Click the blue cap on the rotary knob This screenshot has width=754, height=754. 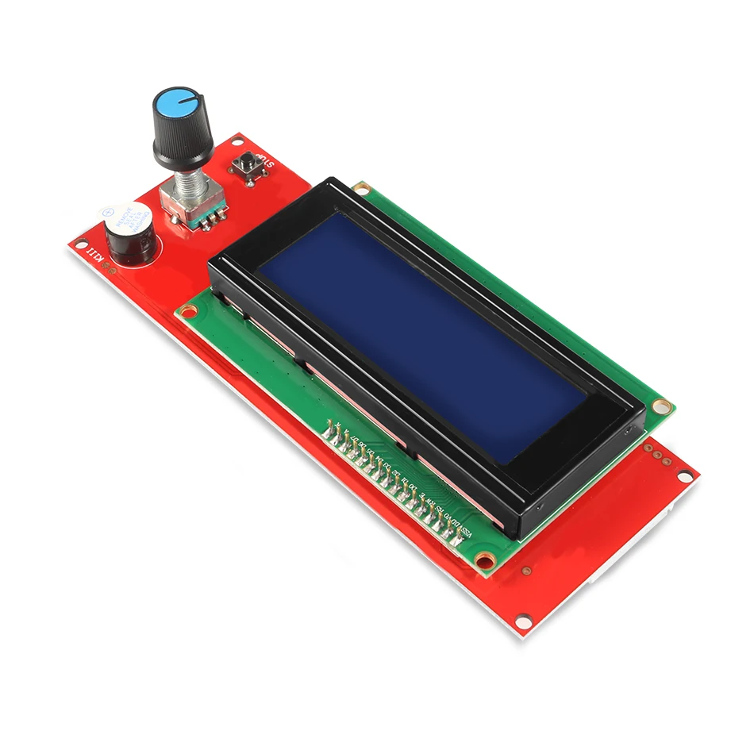[x=179, y=105]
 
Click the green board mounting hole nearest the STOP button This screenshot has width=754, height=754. [x=362, y=188]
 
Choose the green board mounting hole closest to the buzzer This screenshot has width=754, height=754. [x=188, y=311]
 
